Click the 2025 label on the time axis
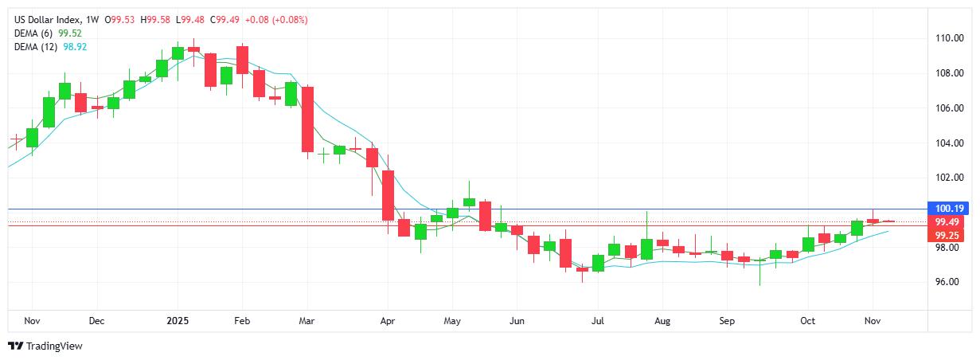coord(177,322)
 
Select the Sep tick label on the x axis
coord(727,322)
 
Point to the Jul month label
coord(598,322)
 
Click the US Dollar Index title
coord(50,19)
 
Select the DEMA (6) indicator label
coord(34,33)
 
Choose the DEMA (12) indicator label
coord(37,47)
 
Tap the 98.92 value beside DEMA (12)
coord(76,47)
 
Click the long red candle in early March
coord(307,119)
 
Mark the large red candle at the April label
coord(388,195)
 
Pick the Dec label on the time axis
coord(96,322)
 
